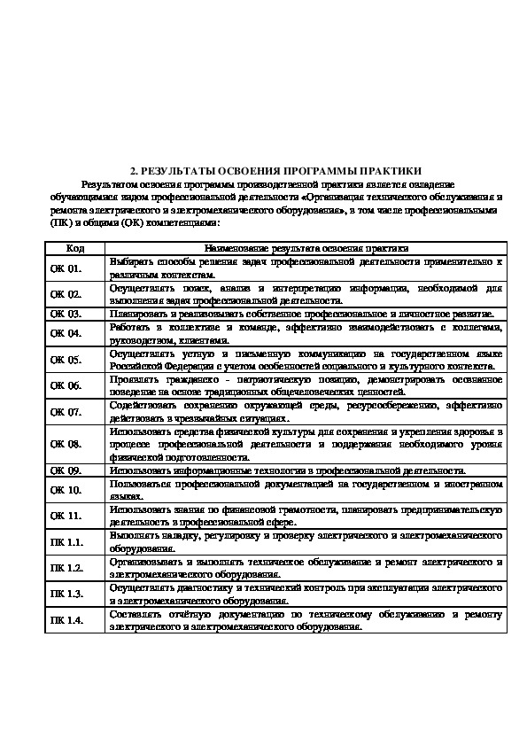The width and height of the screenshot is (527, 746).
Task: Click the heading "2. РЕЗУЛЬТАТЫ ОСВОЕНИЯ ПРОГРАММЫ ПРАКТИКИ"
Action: coord(275,170)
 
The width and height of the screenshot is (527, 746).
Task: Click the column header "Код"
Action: coord(75,250)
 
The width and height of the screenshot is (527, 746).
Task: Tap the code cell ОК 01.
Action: coord(66,268)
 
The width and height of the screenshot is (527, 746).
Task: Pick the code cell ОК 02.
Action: coord(66,294)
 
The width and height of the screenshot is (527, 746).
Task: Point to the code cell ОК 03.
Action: coord(66,314)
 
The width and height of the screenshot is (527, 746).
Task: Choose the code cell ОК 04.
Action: coord(66,333)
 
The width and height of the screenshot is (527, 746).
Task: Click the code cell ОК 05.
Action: coord(66,360)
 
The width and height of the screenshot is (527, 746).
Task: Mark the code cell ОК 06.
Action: coord(66,385)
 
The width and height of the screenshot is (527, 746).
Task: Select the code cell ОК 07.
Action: coord(66,412)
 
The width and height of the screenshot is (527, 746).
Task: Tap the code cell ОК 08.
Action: coord(66,444)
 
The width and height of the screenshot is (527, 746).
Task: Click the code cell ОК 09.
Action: coord(66,470)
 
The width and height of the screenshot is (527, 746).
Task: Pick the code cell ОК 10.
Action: coord(66,490)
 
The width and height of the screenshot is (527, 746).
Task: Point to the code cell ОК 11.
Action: coord(66,516)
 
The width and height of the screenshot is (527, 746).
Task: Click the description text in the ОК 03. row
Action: coord(301,314)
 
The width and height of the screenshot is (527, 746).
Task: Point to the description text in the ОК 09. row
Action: coord(288,470)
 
